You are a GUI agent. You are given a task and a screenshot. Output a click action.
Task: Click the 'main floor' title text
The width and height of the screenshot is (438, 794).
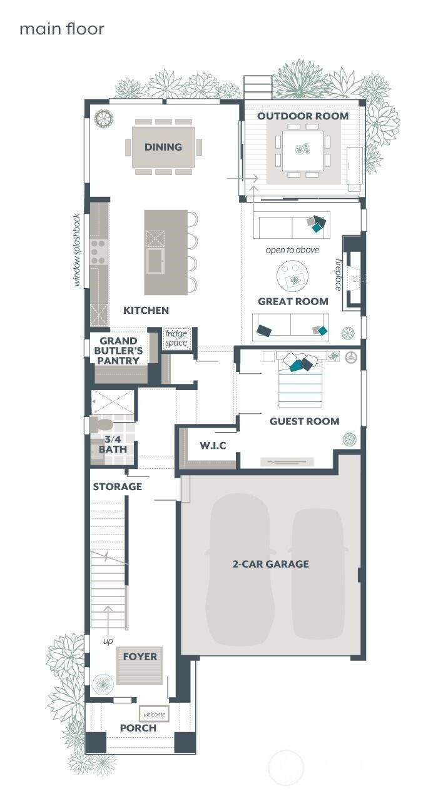(x=61, y=29)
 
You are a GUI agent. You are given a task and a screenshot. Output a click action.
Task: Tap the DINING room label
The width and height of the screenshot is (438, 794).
(x=163, y=147)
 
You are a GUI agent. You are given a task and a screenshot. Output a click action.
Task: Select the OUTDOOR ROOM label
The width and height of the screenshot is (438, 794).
(x=303, y=116)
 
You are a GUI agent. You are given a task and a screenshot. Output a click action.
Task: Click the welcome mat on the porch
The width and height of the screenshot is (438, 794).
(x=154, y=714)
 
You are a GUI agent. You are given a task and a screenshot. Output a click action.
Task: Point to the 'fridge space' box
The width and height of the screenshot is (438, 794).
(x=176, y=338)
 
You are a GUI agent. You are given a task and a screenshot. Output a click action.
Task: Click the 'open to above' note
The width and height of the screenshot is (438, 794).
(x=292, y=250)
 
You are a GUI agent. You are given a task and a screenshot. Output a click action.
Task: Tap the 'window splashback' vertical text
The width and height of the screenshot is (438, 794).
(x=77, y=250)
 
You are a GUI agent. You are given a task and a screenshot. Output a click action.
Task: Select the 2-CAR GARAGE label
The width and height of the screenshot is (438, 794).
(x=270, y=563)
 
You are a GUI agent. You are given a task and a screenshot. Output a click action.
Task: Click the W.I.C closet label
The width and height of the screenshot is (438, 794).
(x=213, y=445)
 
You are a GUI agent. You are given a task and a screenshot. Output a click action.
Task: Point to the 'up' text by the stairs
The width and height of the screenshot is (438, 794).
(x=108, y=641)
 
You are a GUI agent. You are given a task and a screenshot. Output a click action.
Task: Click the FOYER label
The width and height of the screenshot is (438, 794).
(x=140, y=656)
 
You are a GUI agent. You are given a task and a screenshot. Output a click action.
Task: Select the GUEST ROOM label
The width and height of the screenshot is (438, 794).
(x=304, y=421)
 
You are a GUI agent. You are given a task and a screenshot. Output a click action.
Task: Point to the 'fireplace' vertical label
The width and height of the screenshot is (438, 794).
(x=339, y=274)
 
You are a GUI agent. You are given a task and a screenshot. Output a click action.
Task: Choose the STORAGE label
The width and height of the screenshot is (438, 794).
(x=118, y=486)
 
